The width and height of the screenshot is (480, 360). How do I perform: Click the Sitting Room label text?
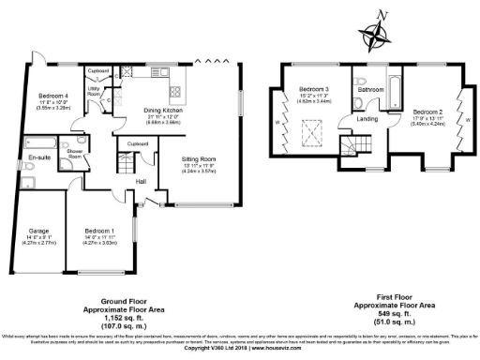[197, 159]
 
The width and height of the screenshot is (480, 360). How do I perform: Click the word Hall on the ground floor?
[142, 181]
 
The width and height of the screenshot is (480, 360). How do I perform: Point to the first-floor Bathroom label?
[371, 89]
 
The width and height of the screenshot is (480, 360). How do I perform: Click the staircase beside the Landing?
[351, 143]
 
